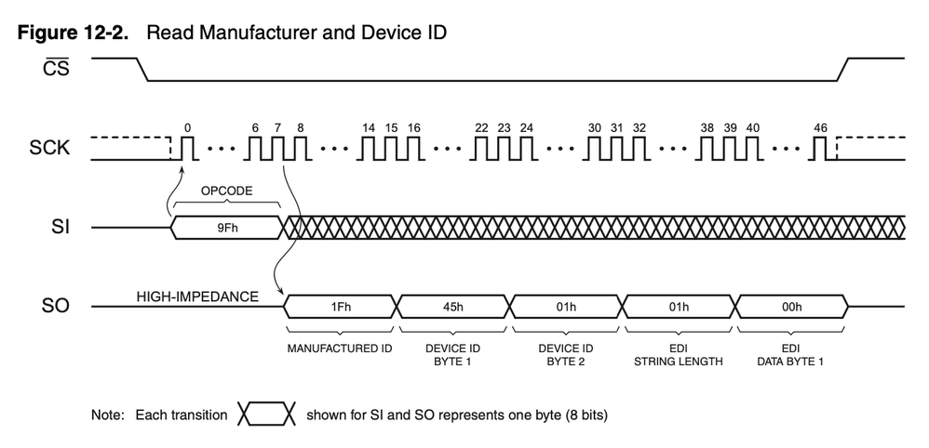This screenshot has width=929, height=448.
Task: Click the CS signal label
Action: tap(56, 68)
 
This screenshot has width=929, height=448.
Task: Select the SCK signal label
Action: tap(49, 148)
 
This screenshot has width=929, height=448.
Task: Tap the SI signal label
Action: tap(61, 227)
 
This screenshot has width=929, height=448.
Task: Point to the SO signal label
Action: tap(56, 306)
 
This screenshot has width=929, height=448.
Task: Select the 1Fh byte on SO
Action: tap(340, 307)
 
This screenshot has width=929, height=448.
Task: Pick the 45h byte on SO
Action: tap(452, 307)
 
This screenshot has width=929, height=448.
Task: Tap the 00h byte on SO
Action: tap(791, 307)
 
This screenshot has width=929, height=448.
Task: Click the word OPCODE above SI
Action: tap(226, 191)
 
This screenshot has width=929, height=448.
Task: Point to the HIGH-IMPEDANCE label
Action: tap(198, 296)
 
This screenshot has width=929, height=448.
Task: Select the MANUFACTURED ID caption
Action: tap(340, 348)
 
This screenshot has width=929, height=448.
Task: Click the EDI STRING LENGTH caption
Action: tap(679, 354)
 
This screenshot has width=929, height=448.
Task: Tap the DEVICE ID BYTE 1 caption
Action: tap(452, 354)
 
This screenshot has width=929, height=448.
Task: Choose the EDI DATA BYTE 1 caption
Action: tap(790, 354)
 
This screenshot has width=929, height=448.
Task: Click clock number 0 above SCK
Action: tap(188, 127)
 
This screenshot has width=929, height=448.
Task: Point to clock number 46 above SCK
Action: tap(821, 127)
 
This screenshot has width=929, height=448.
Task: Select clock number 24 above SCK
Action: tap(526, 127)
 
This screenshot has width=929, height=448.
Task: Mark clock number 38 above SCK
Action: tap(707, 127)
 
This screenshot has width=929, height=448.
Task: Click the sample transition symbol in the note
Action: tap(266, 415)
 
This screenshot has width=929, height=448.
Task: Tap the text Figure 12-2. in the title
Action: tap(73, 33)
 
